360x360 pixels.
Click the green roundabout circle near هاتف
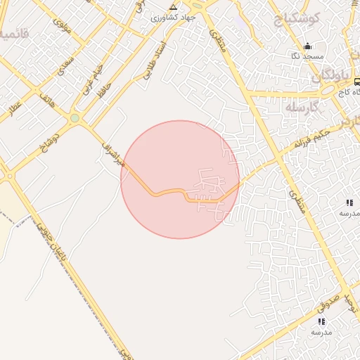click(75, 117)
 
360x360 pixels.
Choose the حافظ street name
click(105, 89)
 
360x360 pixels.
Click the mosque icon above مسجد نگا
click(306, 46)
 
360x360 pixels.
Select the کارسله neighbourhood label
click(302, 106)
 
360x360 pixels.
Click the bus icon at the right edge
click(357, 82)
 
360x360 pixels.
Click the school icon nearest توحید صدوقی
click(321, 321)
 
